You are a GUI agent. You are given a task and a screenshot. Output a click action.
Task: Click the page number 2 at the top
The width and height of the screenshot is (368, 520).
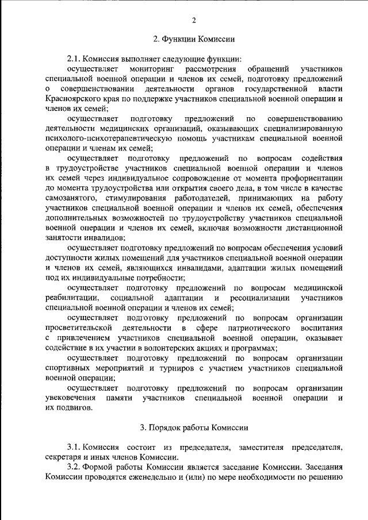click(x=194, y=21)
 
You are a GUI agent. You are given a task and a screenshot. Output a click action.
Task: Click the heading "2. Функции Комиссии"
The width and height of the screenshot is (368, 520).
click(x=193, y=39)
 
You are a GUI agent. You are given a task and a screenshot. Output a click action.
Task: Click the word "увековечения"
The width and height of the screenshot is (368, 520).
click(x=70, y=398)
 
